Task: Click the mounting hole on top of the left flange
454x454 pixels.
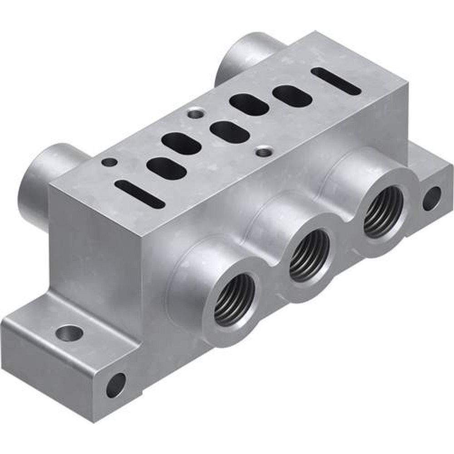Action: coord(69,334)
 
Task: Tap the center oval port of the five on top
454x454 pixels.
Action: coord(230,132)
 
